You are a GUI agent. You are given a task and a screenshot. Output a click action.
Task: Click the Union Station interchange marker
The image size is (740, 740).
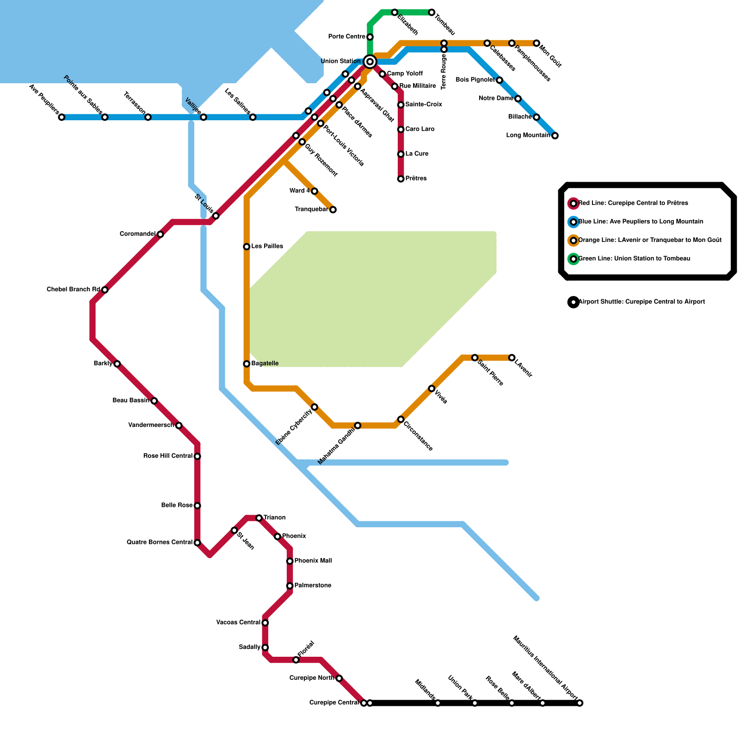click(370, 62)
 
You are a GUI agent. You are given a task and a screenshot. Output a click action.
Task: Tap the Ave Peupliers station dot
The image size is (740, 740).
click(62, 117)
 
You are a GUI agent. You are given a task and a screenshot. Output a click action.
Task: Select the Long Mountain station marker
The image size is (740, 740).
click(555, 136)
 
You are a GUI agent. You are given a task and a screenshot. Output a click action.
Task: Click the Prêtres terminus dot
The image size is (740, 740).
click(401, 179)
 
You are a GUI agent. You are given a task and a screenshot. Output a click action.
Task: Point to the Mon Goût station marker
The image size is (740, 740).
click(536, 43)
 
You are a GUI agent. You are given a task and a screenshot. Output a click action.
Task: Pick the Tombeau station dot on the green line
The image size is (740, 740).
click(432, 12)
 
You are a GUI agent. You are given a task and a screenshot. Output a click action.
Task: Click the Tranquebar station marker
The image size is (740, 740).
click(333, 210)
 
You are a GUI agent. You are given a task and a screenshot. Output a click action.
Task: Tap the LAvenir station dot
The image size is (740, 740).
click(512, 358)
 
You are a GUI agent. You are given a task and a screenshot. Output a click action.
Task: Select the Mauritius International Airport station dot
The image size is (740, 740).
click(580, 703)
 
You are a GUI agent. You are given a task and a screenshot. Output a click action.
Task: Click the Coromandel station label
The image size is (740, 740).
click(137, 234)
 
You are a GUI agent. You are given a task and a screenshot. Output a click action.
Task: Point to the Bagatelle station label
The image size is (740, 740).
click(265, 364)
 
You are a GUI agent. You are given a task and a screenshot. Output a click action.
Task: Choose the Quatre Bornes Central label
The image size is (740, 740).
click(160, 543)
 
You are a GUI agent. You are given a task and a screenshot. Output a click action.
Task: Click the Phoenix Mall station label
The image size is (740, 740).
click(313, 561)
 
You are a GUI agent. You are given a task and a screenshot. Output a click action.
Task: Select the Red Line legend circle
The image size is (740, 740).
click(573, 203)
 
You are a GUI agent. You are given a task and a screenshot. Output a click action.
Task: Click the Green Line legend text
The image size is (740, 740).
click(634, 259)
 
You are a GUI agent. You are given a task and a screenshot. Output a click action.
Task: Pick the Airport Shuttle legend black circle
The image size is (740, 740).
click(573, 302)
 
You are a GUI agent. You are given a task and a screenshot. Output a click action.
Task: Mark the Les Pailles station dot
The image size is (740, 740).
click(247, 247)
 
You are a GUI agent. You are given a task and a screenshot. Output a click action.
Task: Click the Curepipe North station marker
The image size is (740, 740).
click(339, 678)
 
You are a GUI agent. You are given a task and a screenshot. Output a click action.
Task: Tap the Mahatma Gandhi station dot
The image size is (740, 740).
click(358, 425)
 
